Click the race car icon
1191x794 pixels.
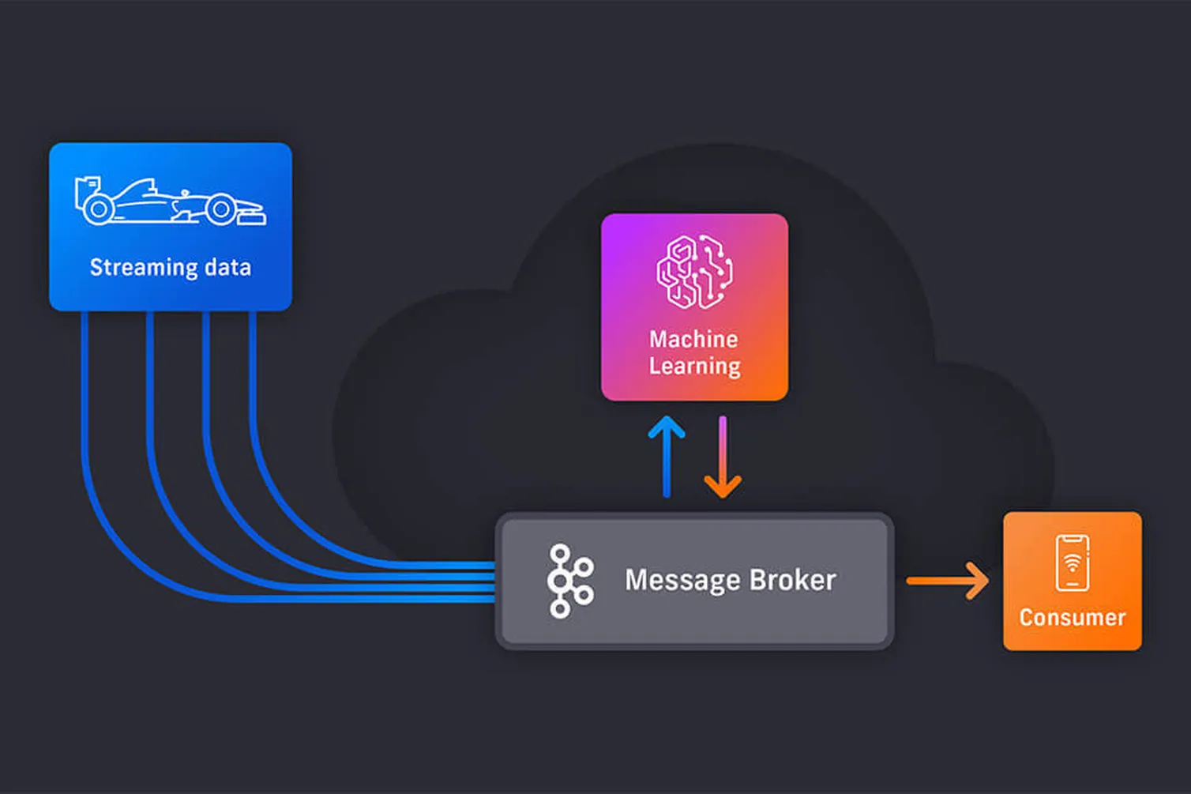tap(170, 202)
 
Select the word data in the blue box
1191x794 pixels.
tap(227, 268)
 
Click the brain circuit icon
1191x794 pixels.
tap(694, 271)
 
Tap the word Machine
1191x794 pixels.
tap(693, 339)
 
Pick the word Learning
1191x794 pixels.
tap(695, 367)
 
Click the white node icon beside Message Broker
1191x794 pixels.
tap(569, 581)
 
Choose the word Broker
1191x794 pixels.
tap(792, 580)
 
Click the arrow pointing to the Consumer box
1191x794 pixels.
tap(947, 581)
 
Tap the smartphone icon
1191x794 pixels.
tap(1073, 563)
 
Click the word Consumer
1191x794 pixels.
tap(1072, 618)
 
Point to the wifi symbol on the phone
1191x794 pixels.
tap(1073, 563)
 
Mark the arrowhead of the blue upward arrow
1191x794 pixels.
tap(667, 427)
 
